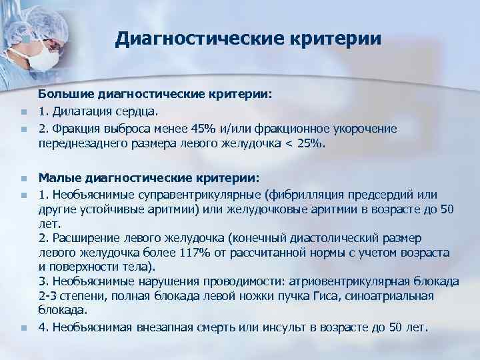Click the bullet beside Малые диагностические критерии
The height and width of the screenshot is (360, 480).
pyautogui.click(x=23, y=179)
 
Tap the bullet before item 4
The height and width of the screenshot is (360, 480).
pyautogui.click(x=23, y=328)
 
